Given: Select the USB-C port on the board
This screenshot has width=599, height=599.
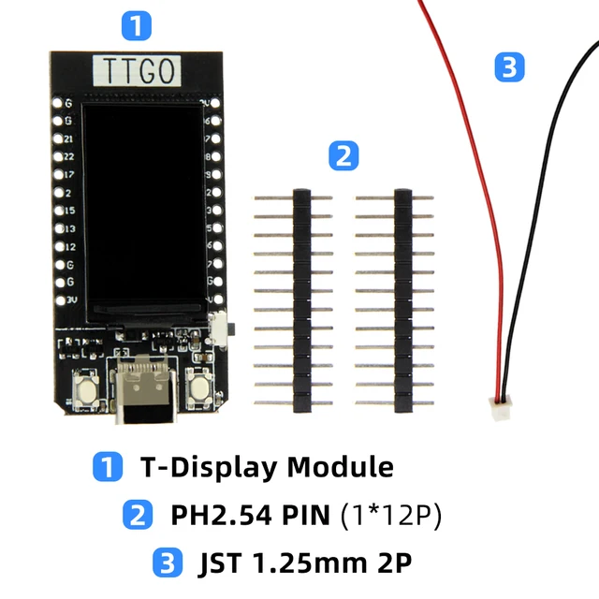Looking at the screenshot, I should tap(143, 390).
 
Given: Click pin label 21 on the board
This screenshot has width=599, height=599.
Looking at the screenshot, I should tap(68, 139).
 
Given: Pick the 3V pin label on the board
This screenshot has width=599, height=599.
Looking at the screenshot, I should tap(68, 300).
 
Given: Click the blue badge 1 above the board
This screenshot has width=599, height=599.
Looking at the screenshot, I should tap(137, 25).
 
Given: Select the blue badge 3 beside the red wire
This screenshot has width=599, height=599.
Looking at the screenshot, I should tap(508, 67).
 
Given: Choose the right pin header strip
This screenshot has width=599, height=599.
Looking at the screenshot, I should tap(403, 299).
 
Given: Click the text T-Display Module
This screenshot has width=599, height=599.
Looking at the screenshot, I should tap(267, 466).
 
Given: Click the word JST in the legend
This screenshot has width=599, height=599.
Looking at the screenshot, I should tap(219, 563).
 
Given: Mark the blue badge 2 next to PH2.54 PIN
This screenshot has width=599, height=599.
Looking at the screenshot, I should tap(138, 515).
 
